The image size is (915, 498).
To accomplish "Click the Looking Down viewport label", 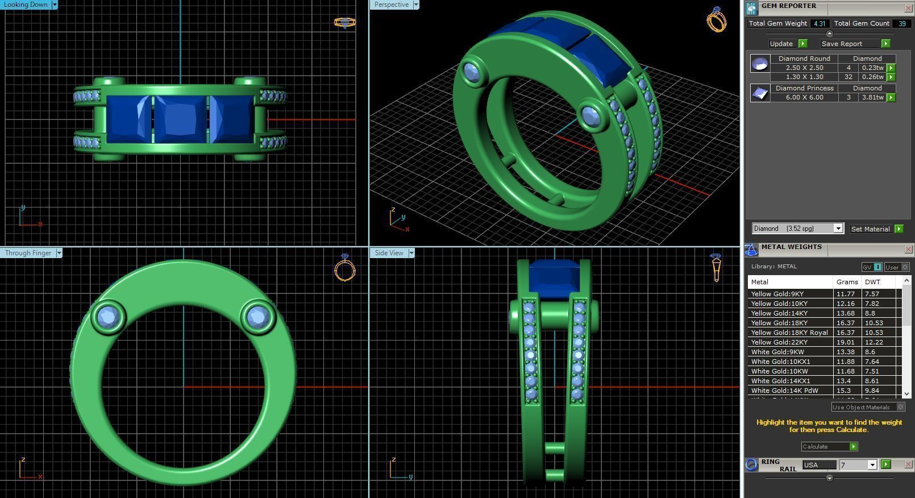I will [26, 5].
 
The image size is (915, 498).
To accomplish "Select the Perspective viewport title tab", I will [391, 5].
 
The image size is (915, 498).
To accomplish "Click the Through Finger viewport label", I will [28, 253].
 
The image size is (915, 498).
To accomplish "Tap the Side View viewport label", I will [389, 253].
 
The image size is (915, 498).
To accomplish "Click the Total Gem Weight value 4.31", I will [819, 23].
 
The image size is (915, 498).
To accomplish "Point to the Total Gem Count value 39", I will [902, 23].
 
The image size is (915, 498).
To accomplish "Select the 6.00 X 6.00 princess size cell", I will [804, 97].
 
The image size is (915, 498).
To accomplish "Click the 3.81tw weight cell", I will [872, 97].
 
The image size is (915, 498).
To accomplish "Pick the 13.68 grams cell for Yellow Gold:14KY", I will [846, 313].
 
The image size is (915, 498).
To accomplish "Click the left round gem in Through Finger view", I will [109, 317].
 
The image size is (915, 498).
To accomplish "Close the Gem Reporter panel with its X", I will [908, 8].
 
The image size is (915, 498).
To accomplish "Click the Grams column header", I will [847, 282].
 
